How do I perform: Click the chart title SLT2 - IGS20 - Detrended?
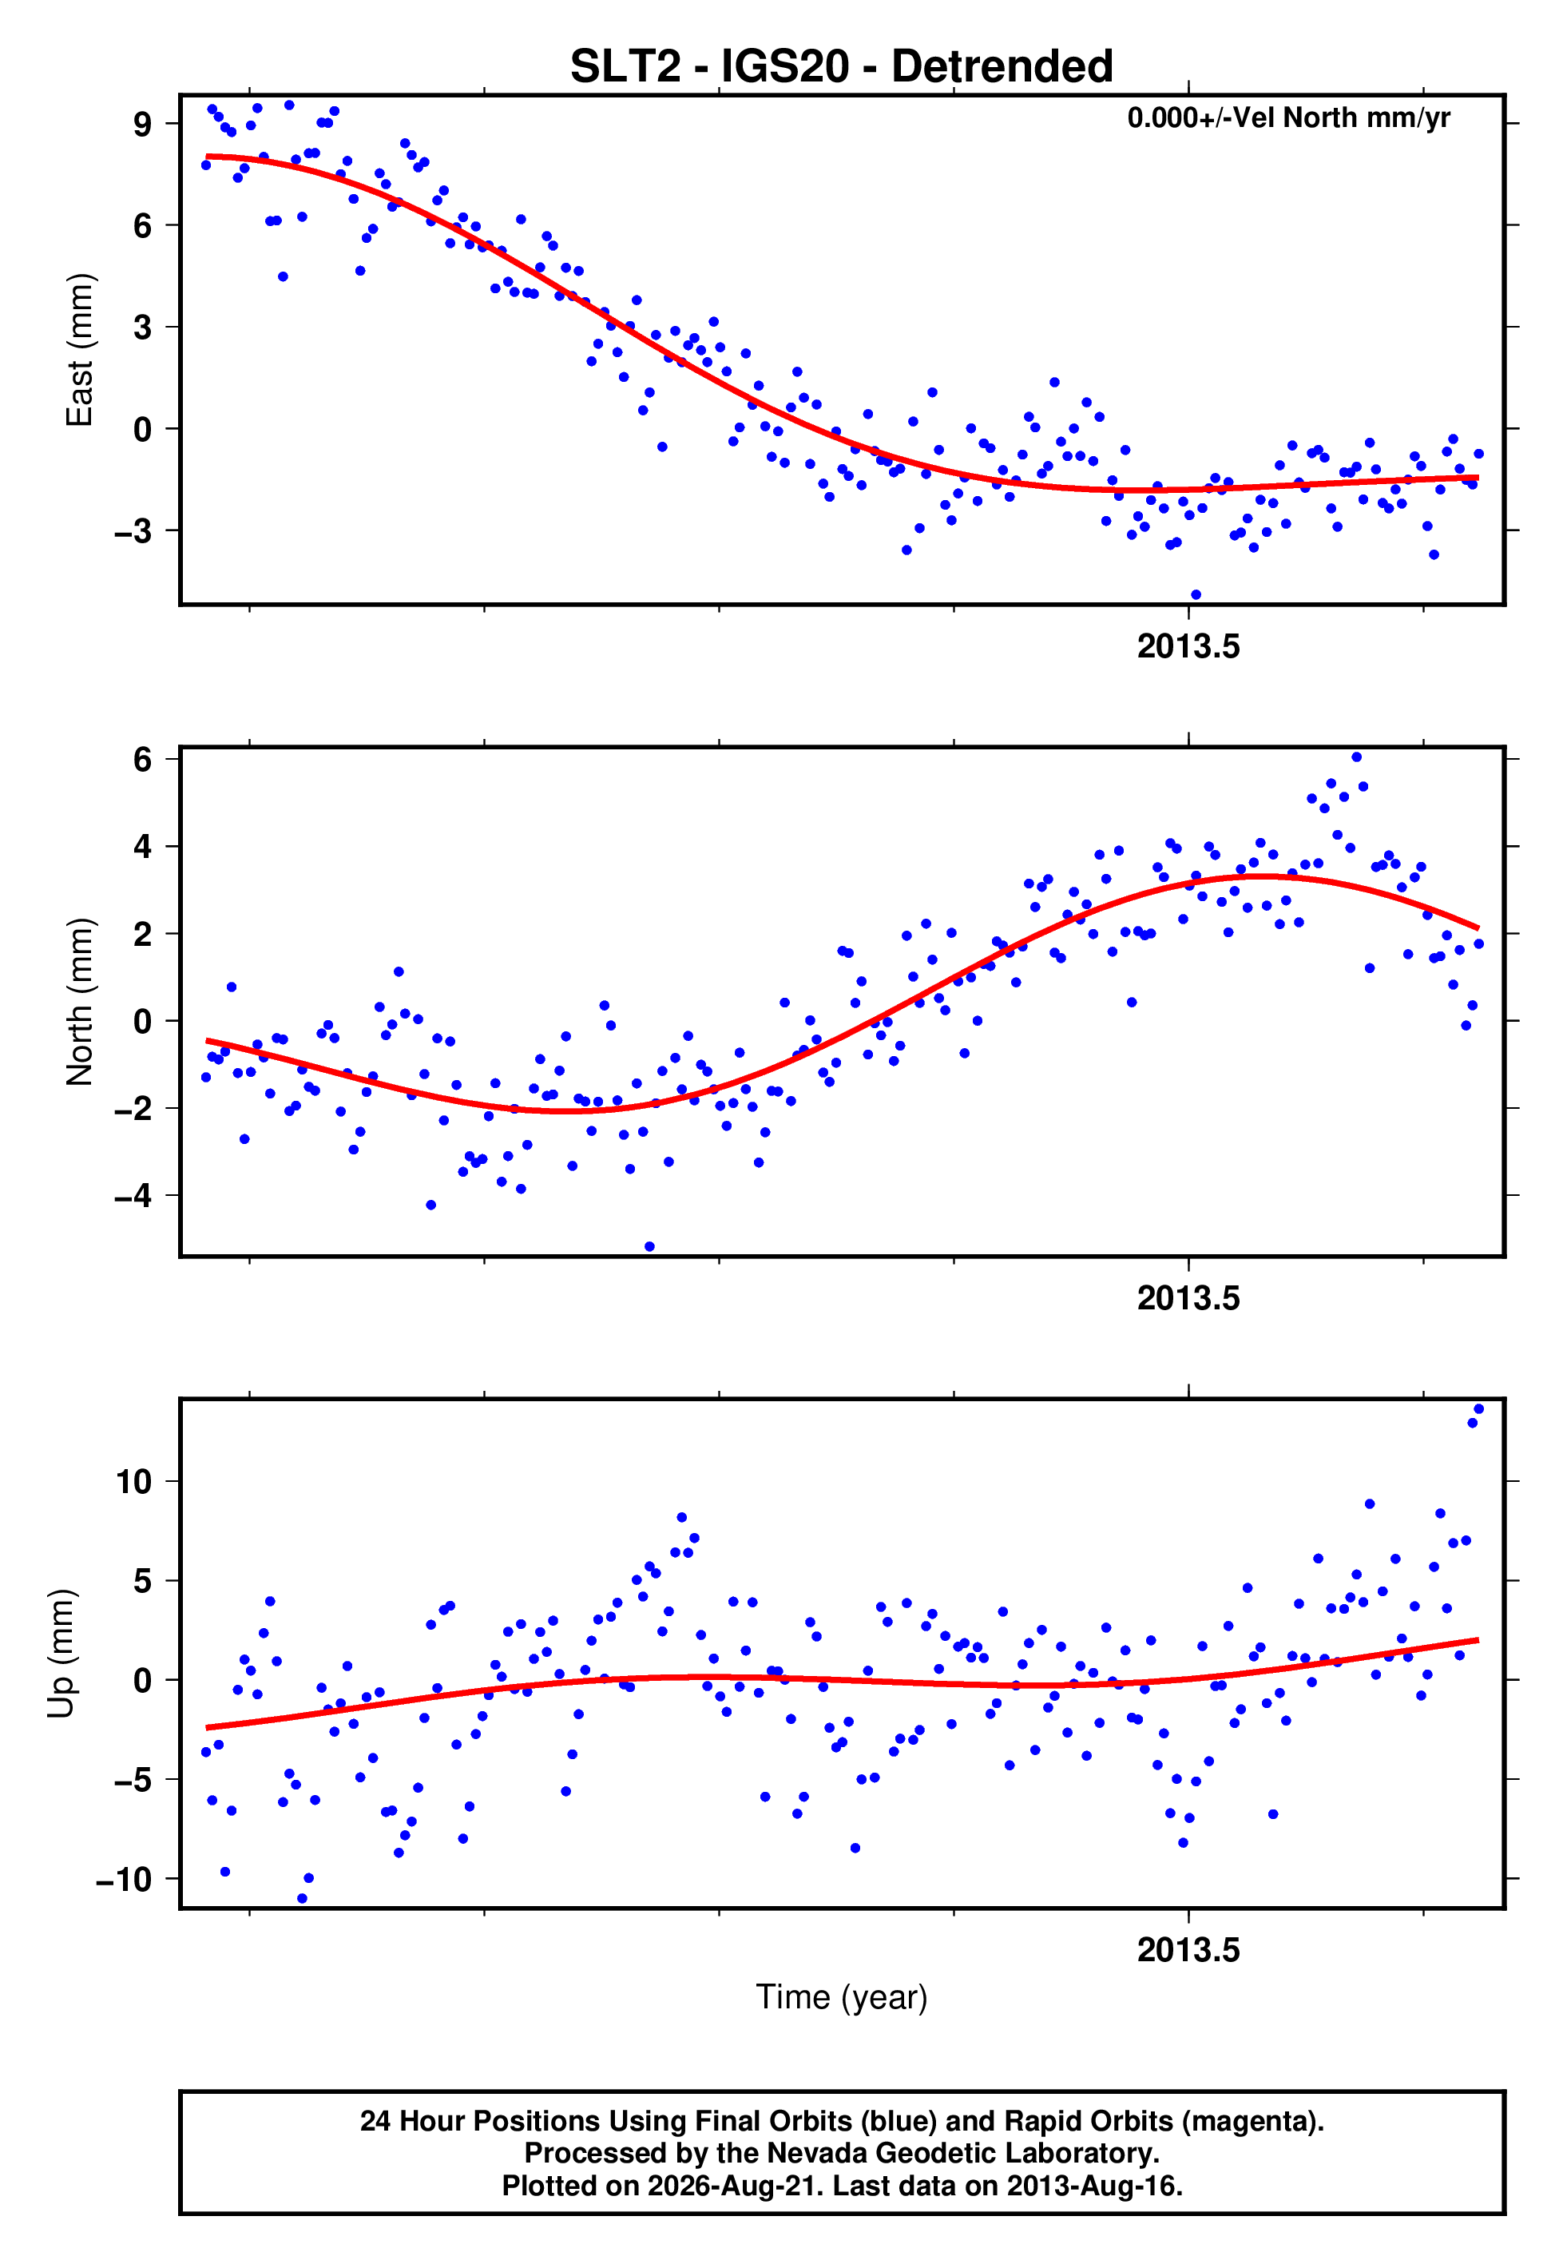click(842, 66)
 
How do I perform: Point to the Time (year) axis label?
click(842, 1998)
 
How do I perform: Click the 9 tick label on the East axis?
click(143, 124)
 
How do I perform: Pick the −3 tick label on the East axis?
click(133, 531)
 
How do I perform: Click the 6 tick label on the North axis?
click(143, 759)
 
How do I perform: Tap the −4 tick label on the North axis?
click(133, 1196)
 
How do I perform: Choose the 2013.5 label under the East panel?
click(1188, 646)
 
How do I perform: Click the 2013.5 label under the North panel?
click(1188, 1298)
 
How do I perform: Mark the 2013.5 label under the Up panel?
click(1188, 1950)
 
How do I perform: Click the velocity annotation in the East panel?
click(1288, 117)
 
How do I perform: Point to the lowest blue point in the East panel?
click(1195, 595)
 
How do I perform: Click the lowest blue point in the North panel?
click(649, 1247)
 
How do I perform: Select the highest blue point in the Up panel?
click(1478, 1409)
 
